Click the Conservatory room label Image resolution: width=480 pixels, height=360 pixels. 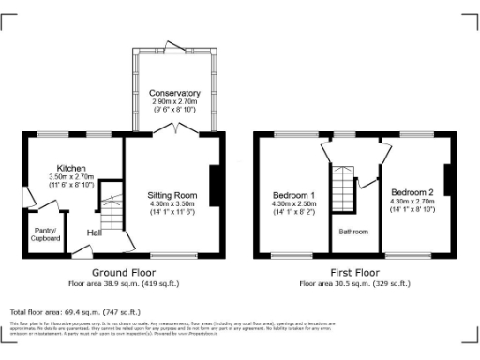click(x=174, y=93)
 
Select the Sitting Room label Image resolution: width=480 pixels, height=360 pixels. click(x=172, y=194)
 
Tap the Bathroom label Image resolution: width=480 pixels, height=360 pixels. click(x=353, y=232)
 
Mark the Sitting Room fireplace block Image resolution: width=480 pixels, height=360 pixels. click(x=216, y=184)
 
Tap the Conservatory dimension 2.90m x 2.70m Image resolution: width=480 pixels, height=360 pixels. click(x=174, y=101)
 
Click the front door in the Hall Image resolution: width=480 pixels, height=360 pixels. click(x=122, y=247)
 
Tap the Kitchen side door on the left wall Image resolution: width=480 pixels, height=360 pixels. click(x=28, y=198)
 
